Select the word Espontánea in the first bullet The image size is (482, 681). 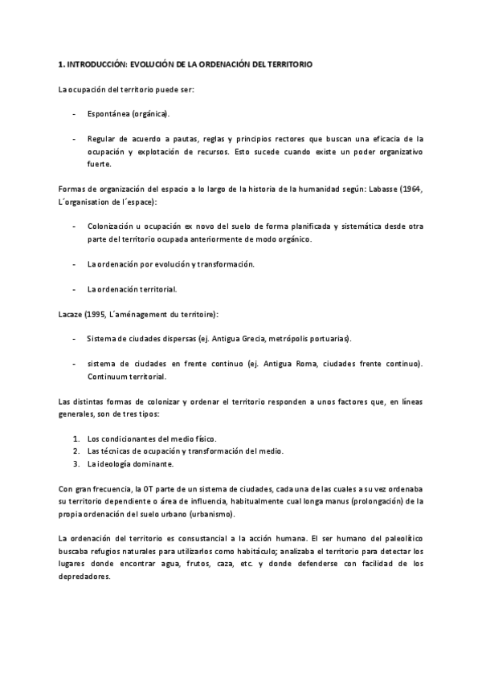[x=109, y=114]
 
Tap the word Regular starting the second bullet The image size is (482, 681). [x=104, y=138]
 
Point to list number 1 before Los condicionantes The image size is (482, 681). [x=75, y=438]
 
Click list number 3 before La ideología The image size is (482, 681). [x=75, y=463]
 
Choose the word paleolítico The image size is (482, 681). [x=401, y=538]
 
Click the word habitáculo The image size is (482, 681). [x=251, y=551]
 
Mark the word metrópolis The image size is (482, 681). [x=300, y=339]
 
